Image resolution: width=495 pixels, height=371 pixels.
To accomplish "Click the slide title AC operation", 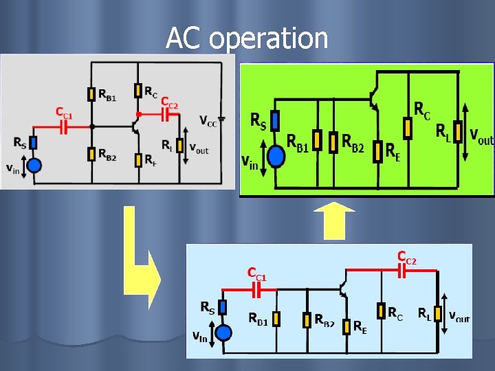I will coord(247,38).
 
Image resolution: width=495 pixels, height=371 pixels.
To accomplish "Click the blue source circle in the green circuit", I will coord(276,157).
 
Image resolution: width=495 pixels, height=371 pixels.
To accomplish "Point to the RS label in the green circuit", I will coord(258,122).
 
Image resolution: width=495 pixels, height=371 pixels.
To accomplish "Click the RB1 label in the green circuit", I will coord(297,142).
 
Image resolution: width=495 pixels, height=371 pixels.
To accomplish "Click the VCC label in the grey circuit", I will coord(208,121).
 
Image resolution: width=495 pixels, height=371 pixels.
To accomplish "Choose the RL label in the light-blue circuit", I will coord(424,315).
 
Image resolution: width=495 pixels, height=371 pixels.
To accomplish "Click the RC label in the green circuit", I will coord(423,109).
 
